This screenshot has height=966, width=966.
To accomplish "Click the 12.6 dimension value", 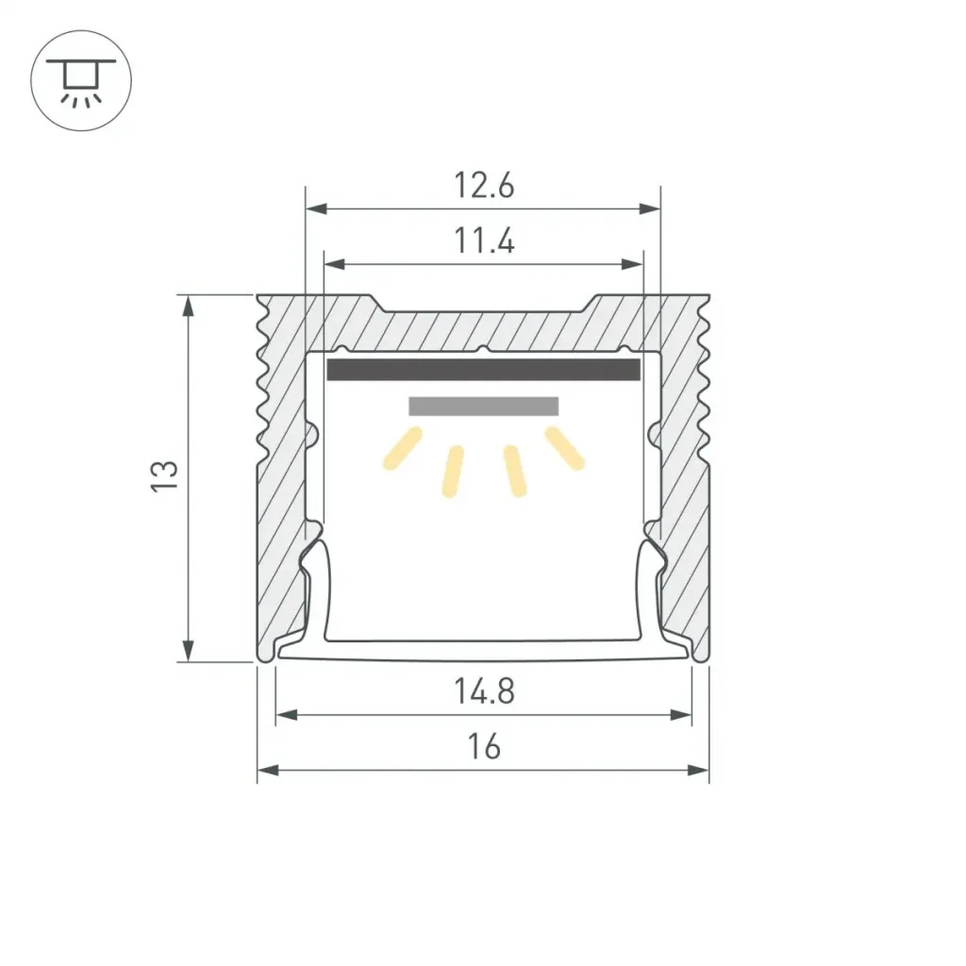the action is point(484,186).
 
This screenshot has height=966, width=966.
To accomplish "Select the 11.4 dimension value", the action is point(484,241).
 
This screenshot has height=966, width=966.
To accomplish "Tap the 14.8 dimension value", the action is point(484,691).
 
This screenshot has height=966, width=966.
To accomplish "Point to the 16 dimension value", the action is point(484,747).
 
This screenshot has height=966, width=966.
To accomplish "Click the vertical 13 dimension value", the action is point(164,475).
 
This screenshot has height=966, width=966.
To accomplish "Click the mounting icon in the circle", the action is point(81,81).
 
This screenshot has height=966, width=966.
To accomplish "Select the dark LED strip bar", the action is point(484,370).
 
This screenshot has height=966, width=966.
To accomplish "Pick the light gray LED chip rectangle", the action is point(484,406).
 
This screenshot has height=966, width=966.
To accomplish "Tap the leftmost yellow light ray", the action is point(403,448).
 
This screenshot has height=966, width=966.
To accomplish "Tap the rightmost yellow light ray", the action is point(564,448).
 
